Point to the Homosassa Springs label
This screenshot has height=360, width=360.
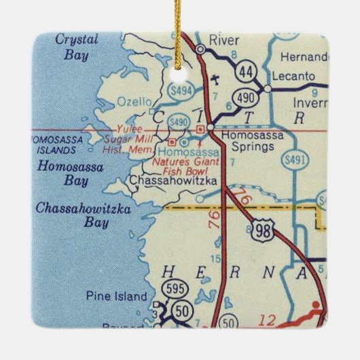(x=250, y=139)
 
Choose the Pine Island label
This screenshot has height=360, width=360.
(x=116, y=296)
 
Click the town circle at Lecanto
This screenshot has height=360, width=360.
(x=268, y=88)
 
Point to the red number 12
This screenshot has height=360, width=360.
(x=271, y=321)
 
